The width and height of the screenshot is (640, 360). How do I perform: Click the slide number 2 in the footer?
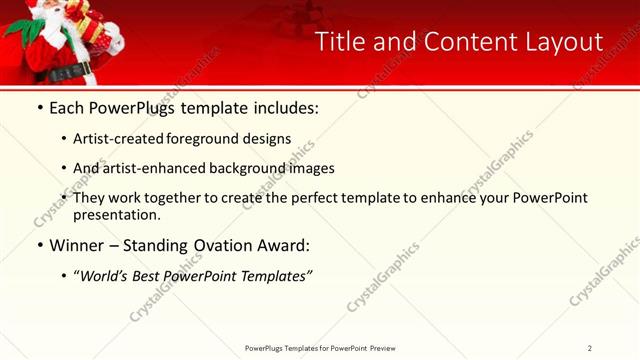[x=590, y=347]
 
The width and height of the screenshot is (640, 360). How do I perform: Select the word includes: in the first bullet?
[x=282, y=108]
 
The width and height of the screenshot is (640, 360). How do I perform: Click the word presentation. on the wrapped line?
[x=116, y=214]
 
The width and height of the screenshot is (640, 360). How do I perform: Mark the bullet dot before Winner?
[x=39, y=245]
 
